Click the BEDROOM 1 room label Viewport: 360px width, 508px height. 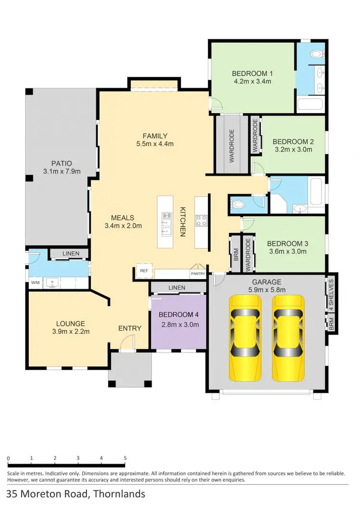pos(252,73)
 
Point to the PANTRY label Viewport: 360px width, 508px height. pos(198,274)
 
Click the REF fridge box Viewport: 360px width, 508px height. pos(144,271)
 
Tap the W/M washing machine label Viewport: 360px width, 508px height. pos(35,283)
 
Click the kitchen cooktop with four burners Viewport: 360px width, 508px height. pos(201,220)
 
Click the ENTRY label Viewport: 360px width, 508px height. pos(130,328)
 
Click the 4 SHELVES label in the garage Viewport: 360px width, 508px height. pos(331,294)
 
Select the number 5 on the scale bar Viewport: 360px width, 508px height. pos(125,458)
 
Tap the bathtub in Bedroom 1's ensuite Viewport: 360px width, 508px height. pos(310,105)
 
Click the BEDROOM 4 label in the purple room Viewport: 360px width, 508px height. pos(179,316)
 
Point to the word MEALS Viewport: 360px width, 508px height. pos(123,217)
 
